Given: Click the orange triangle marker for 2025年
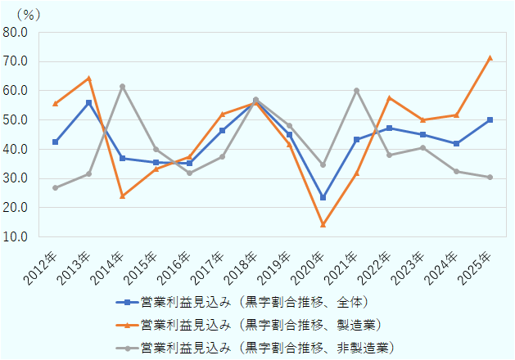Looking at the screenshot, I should tap(490, 58).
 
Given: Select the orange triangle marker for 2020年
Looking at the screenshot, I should tap(323, 224).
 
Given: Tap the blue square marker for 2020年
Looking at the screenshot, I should tap(323, 197).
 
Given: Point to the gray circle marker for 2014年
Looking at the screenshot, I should tap(122, 87).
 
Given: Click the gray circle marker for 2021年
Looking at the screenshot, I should tap(356, 90).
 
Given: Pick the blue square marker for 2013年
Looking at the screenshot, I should tap(88, 102).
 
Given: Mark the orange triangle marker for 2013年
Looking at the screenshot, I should tap(88, 78).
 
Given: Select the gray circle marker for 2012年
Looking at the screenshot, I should tap(55, 187).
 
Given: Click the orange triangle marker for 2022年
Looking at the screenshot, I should tap(390, 98).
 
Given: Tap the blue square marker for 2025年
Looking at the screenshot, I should tap(490, 119).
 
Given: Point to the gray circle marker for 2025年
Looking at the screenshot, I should tap(490, 177).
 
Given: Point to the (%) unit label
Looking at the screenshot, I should tap(28, 14).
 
